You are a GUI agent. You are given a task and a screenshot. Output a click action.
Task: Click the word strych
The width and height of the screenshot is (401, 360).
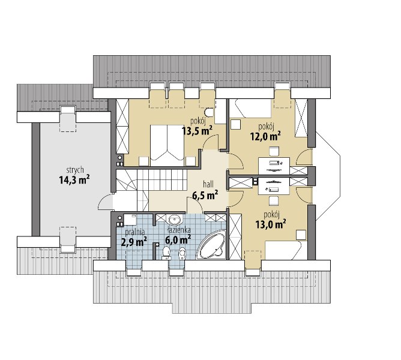[75, 170]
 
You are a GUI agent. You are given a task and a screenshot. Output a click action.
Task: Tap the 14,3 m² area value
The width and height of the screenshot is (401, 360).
[74, 180]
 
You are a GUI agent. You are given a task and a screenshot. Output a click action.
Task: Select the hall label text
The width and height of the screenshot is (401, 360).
[208, 184]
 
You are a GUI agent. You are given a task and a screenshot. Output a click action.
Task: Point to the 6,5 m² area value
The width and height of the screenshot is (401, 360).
[205, 196]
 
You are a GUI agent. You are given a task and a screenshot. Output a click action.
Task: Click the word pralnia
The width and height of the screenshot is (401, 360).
[135, 232]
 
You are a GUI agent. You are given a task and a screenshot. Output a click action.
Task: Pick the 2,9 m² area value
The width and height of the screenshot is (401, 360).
[134, 242]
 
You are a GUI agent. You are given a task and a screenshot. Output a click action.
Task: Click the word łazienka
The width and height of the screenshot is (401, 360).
[179, 230]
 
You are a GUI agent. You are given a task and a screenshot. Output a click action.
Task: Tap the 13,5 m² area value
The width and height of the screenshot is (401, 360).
[197, 131]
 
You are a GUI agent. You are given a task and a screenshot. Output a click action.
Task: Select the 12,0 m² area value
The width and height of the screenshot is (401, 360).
[266, 136]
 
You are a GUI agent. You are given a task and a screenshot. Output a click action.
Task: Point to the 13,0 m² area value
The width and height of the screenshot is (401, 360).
[271, 224]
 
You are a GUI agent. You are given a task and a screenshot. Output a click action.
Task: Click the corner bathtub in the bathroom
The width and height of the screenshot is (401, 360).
[213, 244]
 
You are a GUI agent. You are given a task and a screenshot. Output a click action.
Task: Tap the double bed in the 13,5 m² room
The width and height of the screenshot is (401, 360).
[167, 145]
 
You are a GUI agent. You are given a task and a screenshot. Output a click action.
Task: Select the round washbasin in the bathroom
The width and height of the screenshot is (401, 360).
[175, 220]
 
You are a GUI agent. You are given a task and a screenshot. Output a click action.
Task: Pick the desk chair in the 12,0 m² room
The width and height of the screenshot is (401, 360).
[274, 151]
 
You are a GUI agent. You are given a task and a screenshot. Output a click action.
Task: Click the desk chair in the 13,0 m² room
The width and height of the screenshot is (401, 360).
[274, 200]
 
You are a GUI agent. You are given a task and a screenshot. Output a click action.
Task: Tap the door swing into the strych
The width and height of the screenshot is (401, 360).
[106, 202]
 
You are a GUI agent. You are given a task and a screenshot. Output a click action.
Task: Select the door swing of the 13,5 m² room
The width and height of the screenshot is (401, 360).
[211, 142]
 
